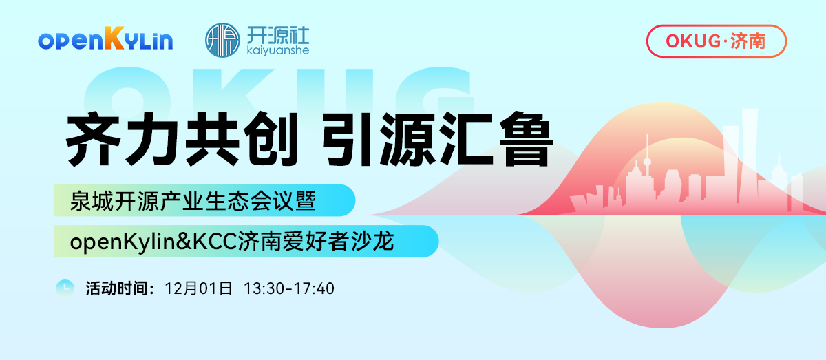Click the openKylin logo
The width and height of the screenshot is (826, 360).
pyautogui.click(x=105, y=40)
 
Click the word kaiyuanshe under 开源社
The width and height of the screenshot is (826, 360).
pyautogui.click(x=277, y=50)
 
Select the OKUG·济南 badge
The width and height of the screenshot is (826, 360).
pyautogui.click(x=716, y=41)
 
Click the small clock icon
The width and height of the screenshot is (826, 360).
pyautogui.click(x=65, y=288)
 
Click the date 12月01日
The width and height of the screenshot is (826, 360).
pyautogui.click(x=199, y=288)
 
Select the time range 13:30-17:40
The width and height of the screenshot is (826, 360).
pyautogui.click(x=289, y=288)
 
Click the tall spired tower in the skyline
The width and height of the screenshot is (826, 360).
pyautogui.click(x=647, y=172)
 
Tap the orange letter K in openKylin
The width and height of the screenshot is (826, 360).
pyautogui.click(x=115, y=40)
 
